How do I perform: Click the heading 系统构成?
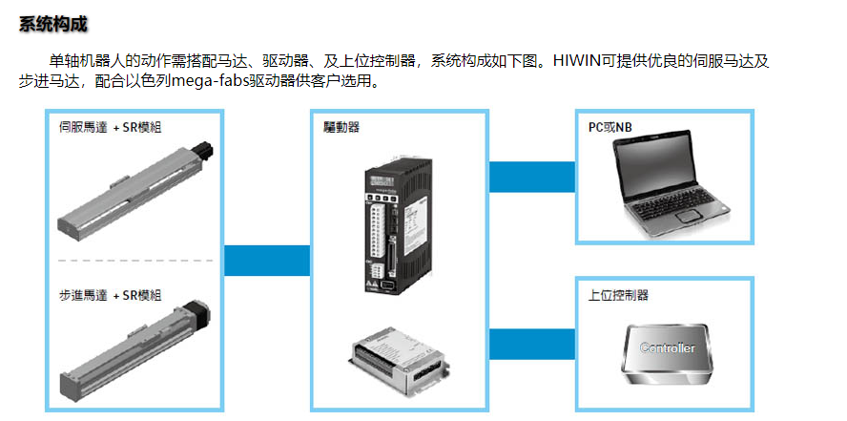pyautogui.click(x=53, y=24)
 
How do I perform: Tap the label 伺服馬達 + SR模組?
pyautogui.click(x=111, y=128)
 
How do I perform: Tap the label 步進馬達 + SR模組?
pyautogui.click(x=111, y=296)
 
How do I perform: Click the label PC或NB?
pyautogui.click(x=610, y=128)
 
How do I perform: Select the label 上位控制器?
pyautogui.click(x=618, y=296)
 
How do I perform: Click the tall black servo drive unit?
pyautogui.click(x=398, y=224)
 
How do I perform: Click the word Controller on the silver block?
pyautogui.click(x=667, y=348)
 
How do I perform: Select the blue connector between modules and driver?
pyautogui.click(x=267, y=261)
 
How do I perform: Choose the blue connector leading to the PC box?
pyautogui.click(x=532, y=177)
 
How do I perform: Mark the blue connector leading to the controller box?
pyautogui.click(x=532, y=345)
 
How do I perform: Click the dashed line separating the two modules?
pyautogui.click(x=135, y=261)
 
